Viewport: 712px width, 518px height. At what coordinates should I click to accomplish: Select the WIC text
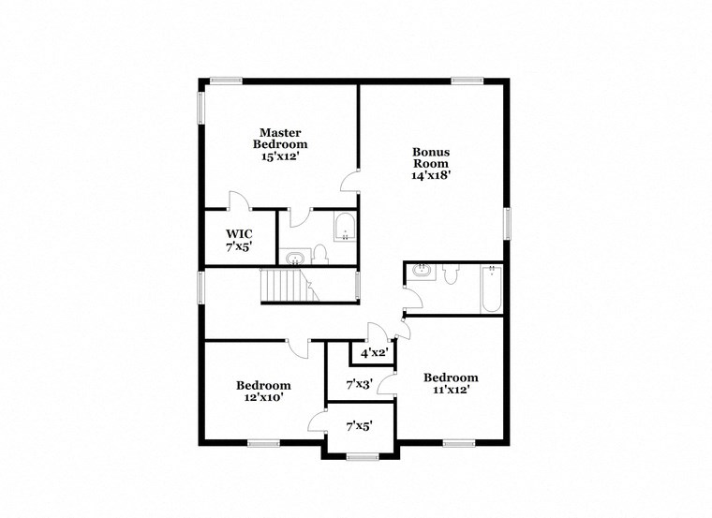(239, 235)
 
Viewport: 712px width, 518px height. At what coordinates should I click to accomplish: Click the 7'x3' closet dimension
(360, 384)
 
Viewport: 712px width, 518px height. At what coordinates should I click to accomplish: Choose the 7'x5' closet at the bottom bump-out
(360, 426)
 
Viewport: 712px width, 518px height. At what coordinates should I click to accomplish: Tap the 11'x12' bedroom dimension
(451, 391)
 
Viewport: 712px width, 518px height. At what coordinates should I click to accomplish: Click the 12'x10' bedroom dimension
(263, 397)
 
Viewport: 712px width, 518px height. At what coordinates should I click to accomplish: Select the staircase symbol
(281, 284)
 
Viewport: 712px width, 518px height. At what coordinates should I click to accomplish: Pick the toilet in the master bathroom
(319, 253)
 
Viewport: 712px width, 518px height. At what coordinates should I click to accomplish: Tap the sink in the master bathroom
(296, 256)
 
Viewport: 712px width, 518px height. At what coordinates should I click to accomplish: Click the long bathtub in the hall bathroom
(491, 289)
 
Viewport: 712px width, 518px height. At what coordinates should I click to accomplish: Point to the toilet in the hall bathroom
(451, 274)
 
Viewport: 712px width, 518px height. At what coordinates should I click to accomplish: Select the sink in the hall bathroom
(420, 271)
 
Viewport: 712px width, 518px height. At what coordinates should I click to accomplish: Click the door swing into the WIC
(237, 200)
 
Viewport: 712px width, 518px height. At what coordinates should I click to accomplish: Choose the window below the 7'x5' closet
(360, 456)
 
